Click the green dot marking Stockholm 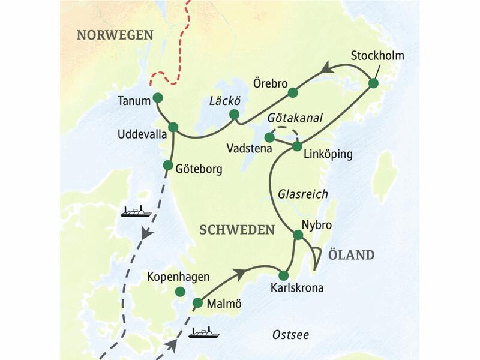click(373, 83)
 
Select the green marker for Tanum click(158, 97)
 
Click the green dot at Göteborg click(168, 165)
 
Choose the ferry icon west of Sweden click(136, 211)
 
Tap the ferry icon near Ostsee click(204, 332)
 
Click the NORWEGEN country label click(115, 35)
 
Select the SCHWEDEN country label click(237, 230)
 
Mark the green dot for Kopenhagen click(179, 292)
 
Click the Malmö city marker click(197, 302)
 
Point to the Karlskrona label click(297, 288)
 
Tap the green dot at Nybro click(297, 235)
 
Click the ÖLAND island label click(351, 255)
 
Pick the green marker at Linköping click(296, 146)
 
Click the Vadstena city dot click(269, 137)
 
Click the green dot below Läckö click(234, 114)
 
